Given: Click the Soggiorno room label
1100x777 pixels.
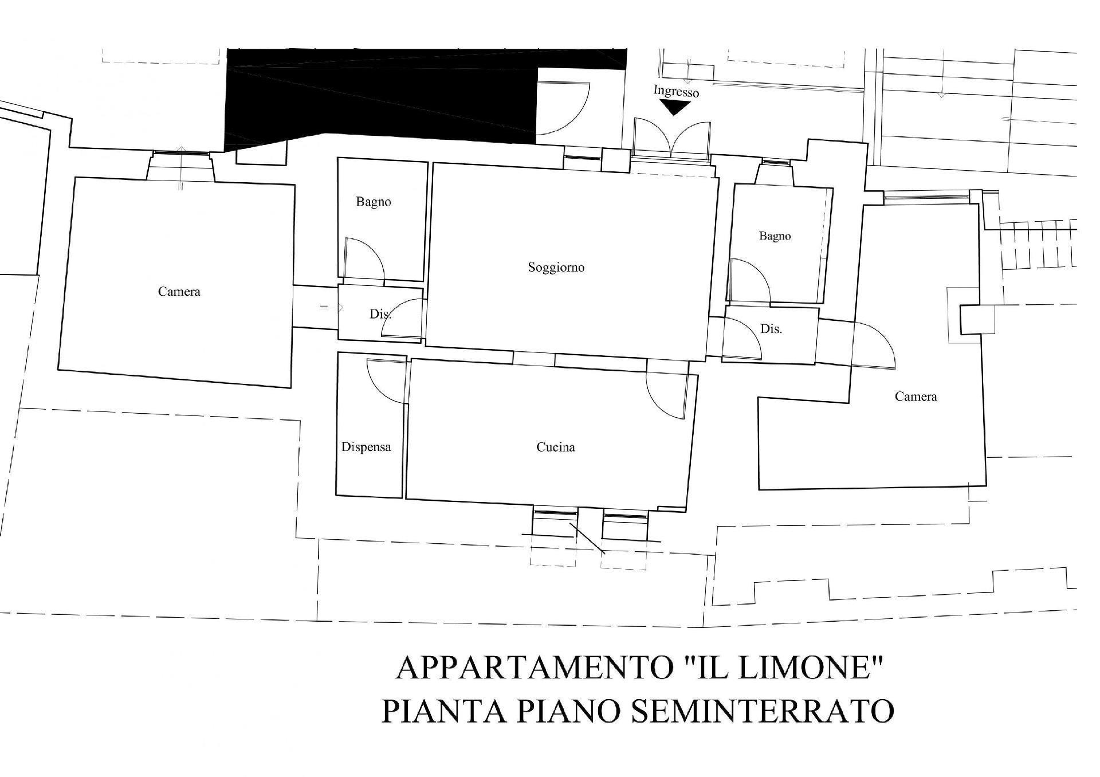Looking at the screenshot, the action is (x=556, y=268).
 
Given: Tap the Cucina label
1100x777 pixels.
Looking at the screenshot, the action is (x=556, y=447).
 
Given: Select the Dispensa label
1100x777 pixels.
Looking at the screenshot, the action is (x=366, y=447).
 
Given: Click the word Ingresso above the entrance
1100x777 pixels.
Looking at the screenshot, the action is (x=676, y=92).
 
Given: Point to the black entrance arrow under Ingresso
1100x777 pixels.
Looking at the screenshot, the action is (x=675, y=107).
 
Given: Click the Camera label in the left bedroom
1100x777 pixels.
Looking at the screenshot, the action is (x=179, y=292).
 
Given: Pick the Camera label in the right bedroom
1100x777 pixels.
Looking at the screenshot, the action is (x=916, y=397).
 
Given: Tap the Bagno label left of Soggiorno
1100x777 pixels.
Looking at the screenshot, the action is (x=374, y=202).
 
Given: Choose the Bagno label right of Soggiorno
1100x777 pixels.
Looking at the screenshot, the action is (x=775, y=236).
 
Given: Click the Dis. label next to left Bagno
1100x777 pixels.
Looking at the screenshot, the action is (x=380, y=314).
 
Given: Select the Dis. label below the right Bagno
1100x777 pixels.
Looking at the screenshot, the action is (x=771, y=329).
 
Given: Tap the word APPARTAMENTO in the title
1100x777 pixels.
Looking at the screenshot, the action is (x=528, y=669).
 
